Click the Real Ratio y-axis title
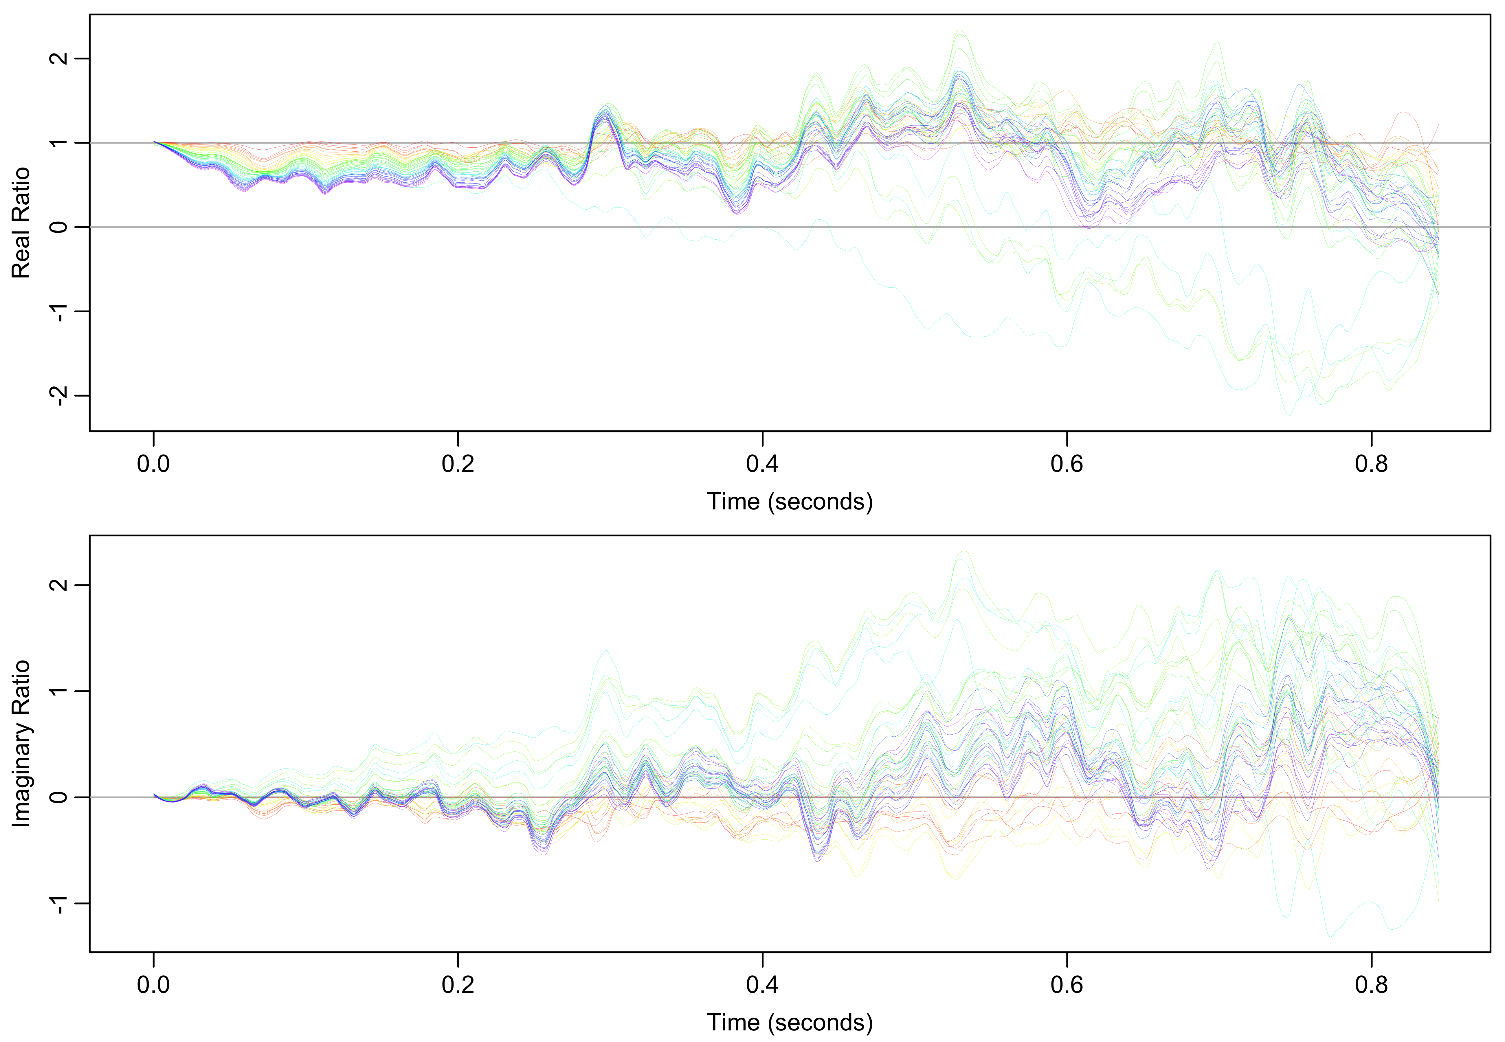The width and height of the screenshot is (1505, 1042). (x=21, y=223)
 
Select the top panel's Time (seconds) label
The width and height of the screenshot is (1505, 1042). (x=790, y=501)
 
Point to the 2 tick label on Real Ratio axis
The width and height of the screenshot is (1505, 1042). (x=59, y=58)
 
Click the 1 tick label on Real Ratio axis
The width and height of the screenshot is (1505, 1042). (x=59, y=142)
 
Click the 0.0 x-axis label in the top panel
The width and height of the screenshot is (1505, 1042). (x=153, y=464)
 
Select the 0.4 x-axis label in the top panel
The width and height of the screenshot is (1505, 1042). (x=762, y=464)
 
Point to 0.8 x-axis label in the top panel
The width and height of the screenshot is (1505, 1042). (x=1371, y=464)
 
